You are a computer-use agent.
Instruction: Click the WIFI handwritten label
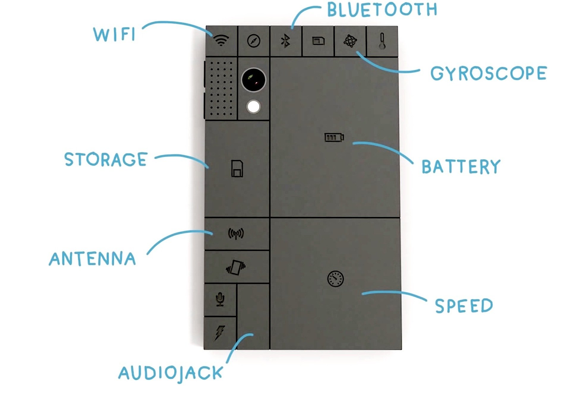click(x=114, y=34)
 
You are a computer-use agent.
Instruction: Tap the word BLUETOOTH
click(x=382, y=10)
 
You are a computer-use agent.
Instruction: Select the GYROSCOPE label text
click(x=489, y=73)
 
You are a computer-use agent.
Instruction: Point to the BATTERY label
click(x=461, y=166)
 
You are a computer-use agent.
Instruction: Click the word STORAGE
click(x=106, y=159)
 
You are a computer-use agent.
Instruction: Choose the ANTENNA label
click(x=92, y=258)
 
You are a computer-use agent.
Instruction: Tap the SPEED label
click(x=464, y=306)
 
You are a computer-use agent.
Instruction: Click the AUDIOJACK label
click(x=171, y=373)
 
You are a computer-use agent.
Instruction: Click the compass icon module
click(x=254, y=41)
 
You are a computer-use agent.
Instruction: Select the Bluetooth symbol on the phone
click(x=286, y=41)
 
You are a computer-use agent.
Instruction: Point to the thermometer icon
click(x=382, y=41)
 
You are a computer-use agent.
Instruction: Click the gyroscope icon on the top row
click(x=350, y=41)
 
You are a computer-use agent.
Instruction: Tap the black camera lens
click(x=254, y=80)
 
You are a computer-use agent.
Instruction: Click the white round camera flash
click(x=254, y=107)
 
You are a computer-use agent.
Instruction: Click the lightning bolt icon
click(x=220, y=332)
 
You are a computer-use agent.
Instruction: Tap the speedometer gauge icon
click(x=335, y=279)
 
